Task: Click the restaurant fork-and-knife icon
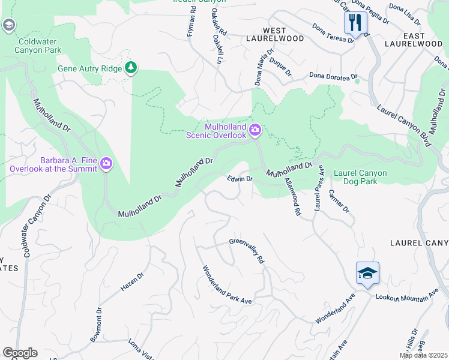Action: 355,23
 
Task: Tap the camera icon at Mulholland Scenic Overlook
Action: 255,130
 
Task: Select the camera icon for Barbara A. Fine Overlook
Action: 106,163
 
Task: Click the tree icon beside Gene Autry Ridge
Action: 130,67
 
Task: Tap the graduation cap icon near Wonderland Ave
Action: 367,274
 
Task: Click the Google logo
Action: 20,353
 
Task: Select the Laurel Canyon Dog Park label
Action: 360,177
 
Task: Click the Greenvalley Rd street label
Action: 247,251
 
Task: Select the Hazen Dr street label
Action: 133,282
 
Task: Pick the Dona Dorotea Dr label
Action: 333,76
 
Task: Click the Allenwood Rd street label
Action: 292,197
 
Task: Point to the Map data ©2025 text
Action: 424,355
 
